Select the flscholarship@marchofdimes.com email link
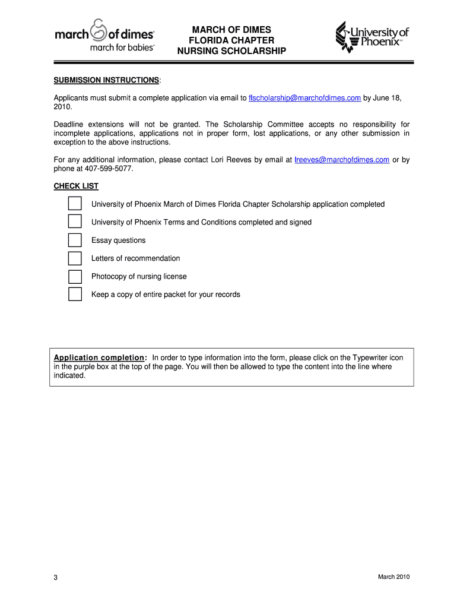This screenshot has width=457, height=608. coord(304,98)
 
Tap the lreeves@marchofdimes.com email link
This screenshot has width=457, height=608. coord(342,160)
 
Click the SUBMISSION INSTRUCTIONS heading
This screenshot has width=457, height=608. coord(106,80)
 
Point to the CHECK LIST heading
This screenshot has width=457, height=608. coord(76,186)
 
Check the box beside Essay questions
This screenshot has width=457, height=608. coord(75,240)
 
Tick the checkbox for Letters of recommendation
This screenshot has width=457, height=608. coord(75,258)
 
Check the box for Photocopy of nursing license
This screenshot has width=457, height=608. coord(75,277)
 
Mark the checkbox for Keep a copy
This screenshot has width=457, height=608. coord(75,294)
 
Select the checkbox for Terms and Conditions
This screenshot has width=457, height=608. coord(75,222)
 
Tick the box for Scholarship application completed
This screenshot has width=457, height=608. coord(75,204)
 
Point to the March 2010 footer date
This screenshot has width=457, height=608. coord(393,577)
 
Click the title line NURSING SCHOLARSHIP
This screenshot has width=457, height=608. coord(231,51)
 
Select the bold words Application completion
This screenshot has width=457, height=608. coord(99,358)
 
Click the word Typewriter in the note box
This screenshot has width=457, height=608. coord(370,358)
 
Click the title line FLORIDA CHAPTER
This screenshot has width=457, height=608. coord(231,40)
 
